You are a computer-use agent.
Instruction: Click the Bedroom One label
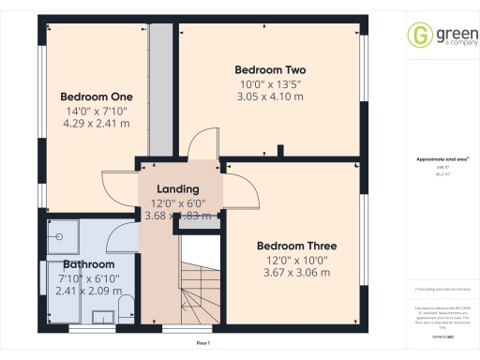pos(97,97)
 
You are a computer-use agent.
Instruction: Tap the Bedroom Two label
pos(270,69)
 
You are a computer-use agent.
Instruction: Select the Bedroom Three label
pos(297,246)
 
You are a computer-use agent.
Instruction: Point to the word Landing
pos(177,188)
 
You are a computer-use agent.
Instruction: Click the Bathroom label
pos(88,264)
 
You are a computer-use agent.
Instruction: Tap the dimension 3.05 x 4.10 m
pos(270,97)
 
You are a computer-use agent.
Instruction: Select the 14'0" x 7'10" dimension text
pos(96,110)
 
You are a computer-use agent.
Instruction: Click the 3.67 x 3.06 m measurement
pos(296,273)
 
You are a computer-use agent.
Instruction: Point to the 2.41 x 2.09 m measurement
pos(88,291)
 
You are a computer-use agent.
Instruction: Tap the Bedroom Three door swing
pos(246,194)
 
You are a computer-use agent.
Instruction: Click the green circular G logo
pos(418,36)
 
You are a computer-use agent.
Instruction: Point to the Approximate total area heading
pos(442,159)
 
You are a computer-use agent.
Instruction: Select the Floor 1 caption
pos(203,344)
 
